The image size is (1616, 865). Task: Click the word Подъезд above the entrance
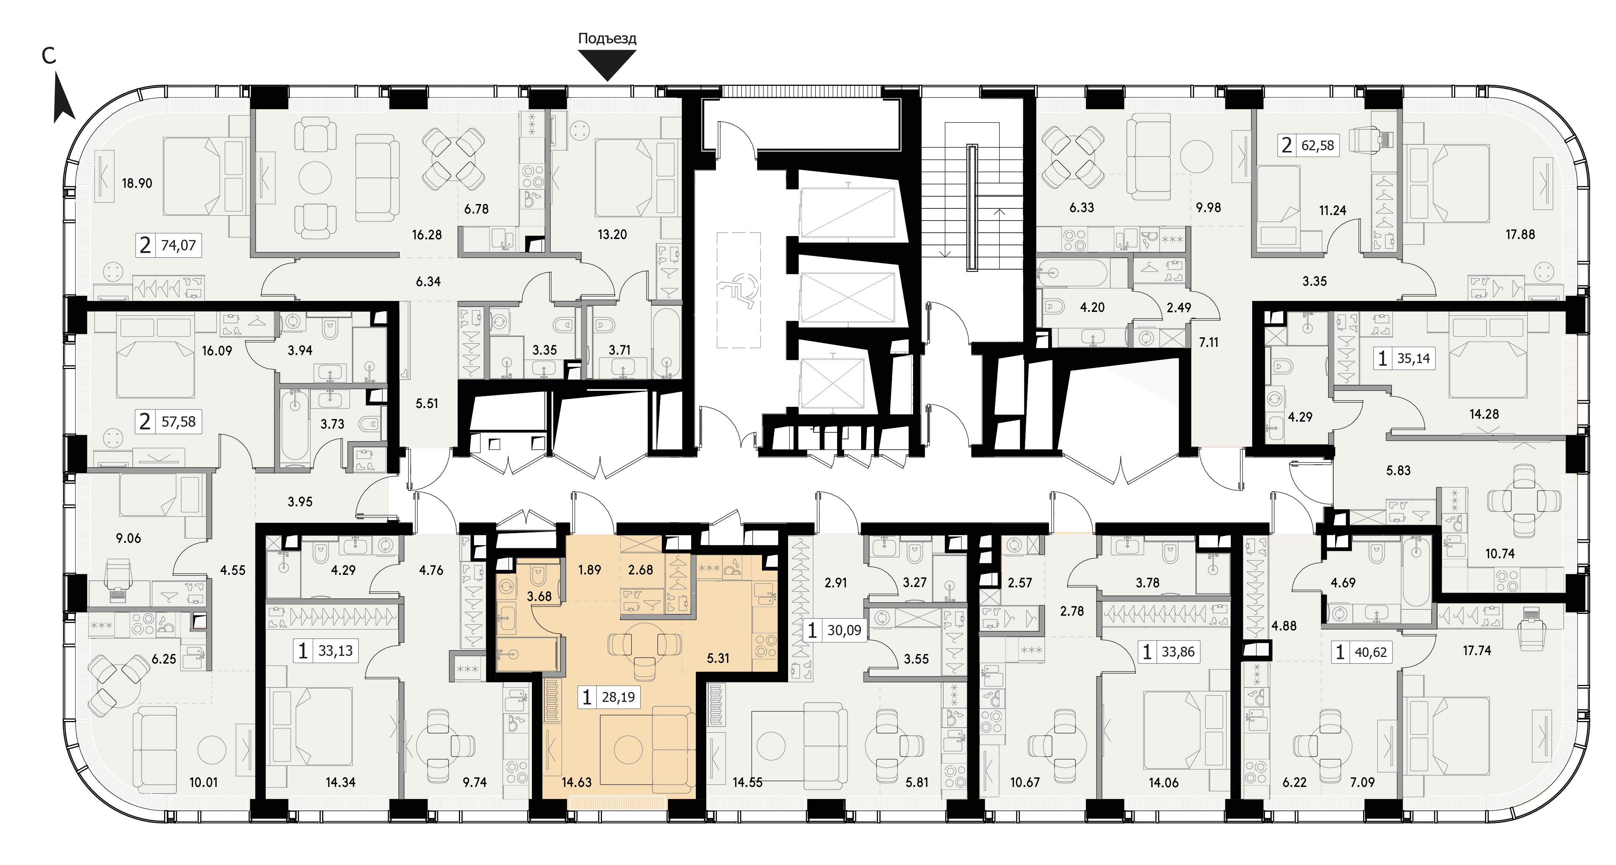tap(607, 38)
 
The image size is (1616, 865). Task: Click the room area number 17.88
tap(1520, 235)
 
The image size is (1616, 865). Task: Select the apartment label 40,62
tap(1370, 652)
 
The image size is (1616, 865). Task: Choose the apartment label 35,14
tap(1413, 359)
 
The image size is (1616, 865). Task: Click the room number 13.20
tap(612, 235)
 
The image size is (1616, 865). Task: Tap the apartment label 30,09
tap(844, 630)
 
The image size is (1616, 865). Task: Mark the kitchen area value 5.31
tap(718, 658)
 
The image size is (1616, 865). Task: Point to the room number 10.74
tap(1500, 553)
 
